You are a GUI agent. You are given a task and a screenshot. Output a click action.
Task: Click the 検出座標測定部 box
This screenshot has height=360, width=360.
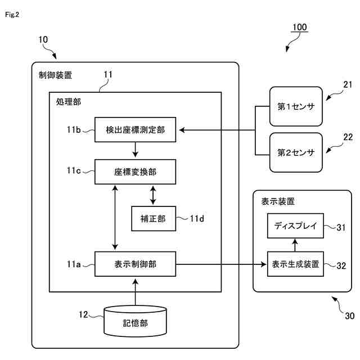click(x=135, y=130)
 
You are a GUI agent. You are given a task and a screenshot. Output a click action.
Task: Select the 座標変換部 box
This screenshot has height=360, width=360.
click(x=135, y=172)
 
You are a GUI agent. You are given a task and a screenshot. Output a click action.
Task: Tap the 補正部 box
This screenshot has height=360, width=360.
click(x=153, y=218)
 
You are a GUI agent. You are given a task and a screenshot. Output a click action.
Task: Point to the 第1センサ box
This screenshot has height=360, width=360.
click(x=296, y=105)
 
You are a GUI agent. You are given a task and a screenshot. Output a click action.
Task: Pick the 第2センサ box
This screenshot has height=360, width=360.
click(x=296, y=152)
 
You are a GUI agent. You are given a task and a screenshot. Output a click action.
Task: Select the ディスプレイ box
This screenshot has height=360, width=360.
click(x=295, y=227)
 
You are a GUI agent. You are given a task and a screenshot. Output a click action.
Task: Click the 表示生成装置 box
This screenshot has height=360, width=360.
click(x=295, y=264)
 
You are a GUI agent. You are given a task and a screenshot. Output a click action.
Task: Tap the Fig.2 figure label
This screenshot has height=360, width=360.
click(x=12, y=14)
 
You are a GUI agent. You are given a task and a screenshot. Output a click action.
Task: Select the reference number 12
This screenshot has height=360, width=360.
click(x=83, y=315)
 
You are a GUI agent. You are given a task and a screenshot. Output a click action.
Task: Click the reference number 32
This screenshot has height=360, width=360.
click(x=341, y=264)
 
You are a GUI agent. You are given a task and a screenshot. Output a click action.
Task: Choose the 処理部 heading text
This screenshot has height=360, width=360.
click(x=69, y=103)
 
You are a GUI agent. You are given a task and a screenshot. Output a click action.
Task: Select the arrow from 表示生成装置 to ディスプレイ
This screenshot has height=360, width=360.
click(x=295, y=245)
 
